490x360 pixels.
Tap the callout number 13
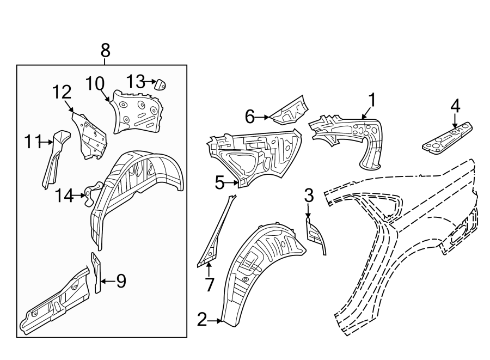tap(136, 82)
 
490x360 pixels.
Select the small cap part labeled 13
tap(160, 84)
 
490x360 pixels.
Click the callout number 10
tap(94, 84)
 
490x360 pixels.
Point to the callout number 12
tap(62, 93)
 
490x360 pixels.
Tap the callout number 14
tap(64, 195)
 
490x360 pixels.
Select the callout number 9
tap(121, 281)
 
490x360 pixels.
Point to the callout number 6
tap(250, 116)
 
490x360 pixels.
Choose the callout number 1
tap(372, 100)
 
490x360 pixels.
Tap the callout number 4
tap(455, 105)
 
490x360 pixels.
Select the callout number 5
tap(219, 183)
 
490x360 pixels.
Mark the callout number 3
tap(309, 194)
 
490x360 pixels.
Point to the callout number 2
tap(202, 320)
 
